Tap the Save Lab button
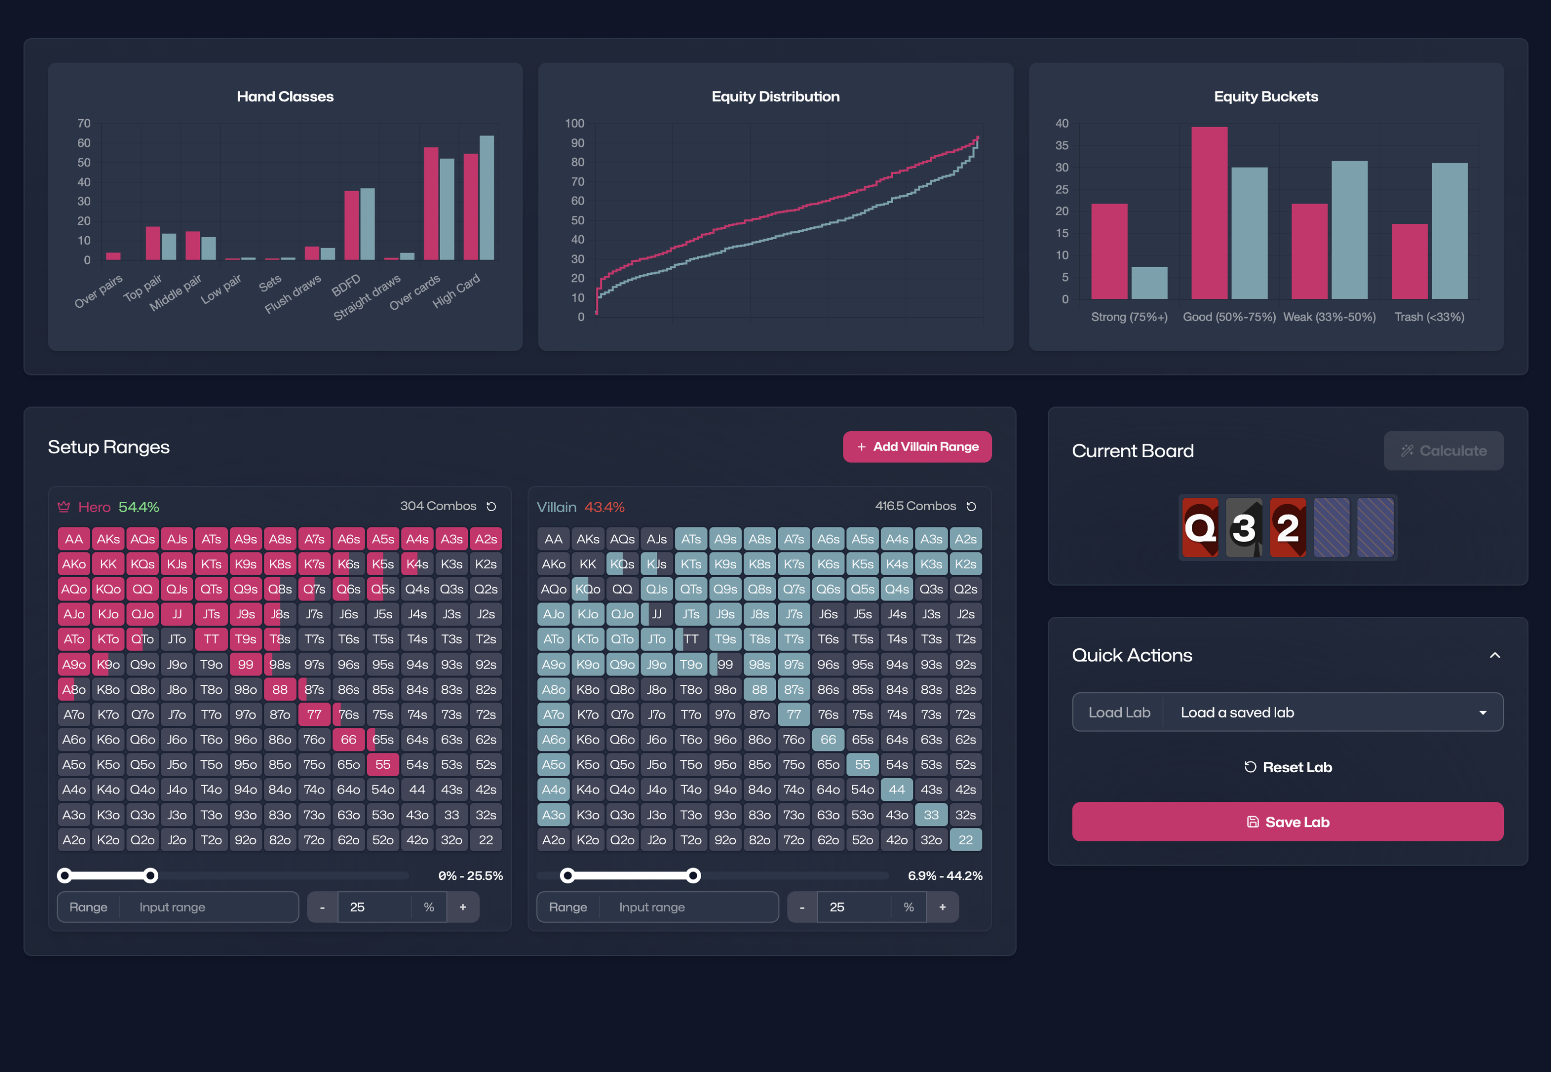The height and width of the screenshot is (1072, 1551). click(x=1287, y=821)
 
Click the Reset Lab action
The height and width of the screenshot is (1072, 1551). click(x=1287, y=767)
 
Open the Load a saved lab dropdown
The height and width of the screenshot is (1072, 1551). click(x=1332, y=712)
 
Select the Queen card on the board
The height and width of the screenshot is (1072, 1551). click(x=1200, y=527)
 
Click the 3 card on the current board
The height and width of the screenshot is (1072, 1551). click(x=1243, y=527)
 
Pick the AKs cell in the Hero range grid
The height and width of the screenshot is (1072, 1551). click(x=108, y=538)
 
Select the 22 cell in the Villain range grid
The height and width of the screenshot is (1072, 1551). click(x=966, y=840)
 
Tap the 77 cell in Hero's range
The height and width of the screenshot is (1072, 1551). click(x=314, y=714)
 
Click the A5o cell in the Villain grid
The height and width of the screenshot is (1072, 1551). click(x=553, y=764)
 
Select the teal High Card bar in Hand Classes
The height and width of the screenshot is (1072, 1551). click(x=487, y=198)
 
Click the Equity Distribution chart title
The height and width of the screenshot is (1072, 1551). click(x=775, y=97)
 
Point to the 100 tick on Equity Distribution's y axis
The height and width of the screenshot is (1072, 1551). click(x=575, y=124)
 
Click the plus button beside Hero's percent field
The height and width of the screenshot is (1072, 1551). click(x=462, y=907)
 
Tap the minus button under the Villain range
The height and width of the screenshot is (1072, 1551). click(x=802, y=907)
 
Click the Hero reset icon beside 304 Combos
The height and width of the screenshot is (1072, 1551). click(x=492, y=506)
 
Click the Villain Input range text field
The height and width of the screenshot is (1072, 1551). click(x=688, y=907)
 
